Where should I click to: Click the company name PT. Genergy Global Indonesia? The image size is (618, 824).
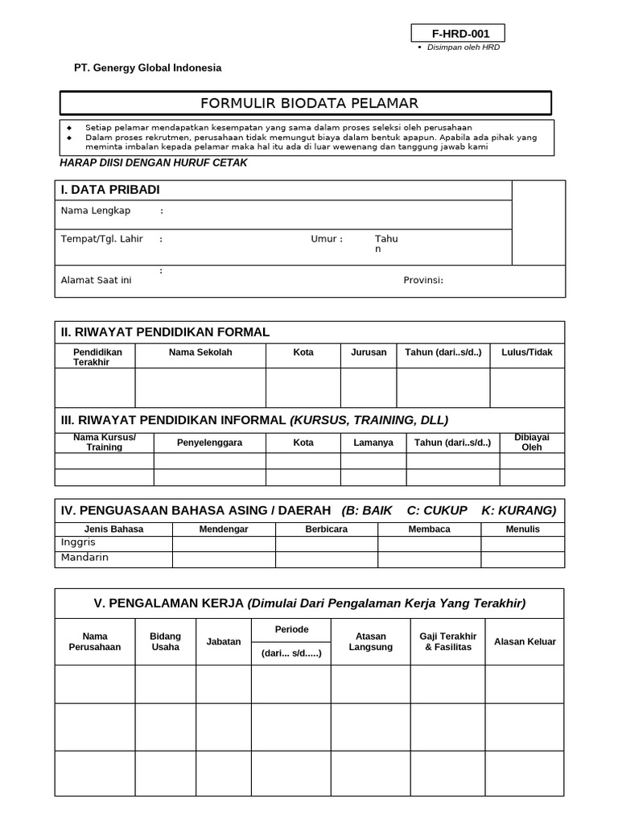pos(147,68)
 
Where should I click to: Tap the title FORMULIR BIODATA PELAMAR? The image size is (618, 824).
pos(309,103)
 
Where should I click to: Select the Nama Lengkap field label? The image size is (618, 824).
pos(96,211)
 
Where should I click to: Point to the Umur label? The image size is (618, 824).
pos(327,239)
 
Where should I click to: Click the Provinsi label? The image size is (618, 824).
pos(423,280)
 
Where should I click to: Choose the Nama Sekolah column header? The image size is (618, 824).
pos(200,352)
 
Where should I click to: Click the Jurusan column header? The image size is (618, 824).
pos(369,352)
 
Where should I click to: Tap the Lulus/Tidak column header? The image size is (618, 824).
pos(527,352)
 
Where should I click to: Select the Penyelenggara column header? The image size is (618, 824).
pos(209,443)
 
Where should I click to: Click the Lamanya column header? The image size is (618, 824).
pos(373,443)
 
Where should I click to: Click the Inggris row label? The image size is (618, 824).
pos(79,543)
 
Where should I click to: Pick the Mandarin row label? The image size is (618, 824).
pos(84,557)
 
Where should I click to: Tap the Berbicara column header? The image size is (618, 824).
pos(327,529)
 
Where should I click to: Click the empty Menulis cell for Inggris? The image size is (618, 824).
pos(522,543)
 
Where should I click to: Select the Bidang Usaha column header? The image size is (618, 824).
pos(166,641)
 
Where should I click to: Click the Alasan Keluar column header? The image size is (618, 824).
pos(525,642)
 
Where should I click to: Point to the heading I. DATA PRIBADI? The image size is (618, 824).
pos(110,190)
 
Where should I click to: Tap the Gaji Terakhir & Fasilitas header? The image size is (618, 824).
pos(448,641)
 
